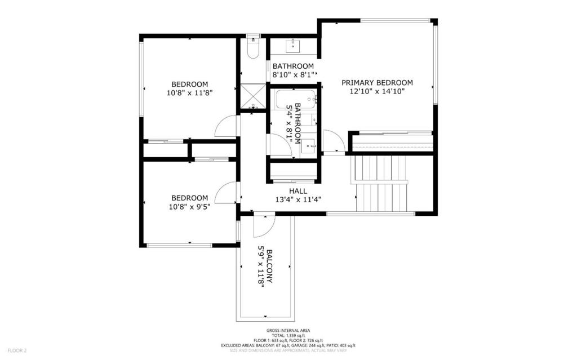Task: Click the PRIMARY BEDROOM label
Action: [377, 82]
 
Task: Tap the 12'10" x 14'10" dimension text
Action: [377, 91]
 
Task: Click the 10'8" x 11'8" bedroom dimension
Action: [189, 92]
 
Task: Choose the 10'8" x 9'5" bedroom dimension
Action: [189, 207]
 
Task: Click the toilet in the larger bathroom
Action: [253, 49]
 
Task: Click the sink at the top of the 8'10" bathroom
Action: [294, 45]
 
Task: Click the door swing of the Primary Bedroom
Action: [333, 142]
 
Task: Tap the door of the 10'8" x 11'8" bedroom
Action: [227, 126]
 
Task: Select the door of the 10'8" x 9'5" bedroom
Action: [227, 193]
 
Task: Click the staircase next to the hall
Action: [382, 183]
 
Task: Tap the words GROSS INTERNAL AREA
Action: [288, 331]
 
